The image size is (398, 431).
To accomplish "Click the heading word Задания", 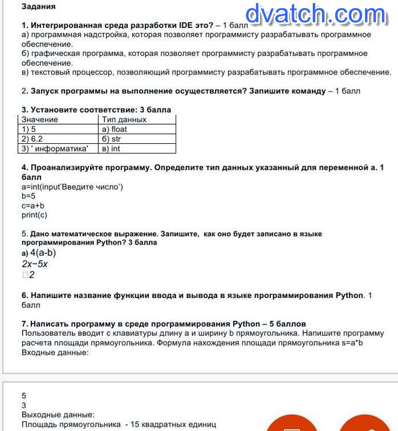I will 39,7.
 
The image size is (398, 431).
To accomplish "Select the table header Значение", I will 40,120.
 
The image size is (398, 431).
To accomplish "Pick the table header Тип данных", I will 124,120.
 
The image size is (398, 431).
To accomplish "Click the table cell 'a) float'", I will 114,129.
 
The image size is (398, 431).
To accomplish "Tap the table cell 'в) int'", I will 111,148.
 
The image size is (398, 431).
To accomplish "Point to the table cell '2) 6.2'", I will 32,139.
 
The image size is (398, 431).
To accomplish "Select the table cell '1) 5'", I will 29,129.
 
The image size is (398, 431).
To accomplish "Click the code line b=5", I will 28,196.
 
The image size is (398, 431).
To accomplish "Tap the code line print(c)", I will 34,215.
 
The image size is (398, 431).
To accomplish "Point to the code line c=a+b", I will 33,205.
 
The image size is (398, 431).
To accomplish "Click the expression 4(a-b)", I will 43,253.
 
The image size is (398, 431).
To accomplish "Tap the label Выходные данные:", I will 58,415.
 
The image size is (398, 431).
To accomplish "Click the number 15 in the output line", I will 135,425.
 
